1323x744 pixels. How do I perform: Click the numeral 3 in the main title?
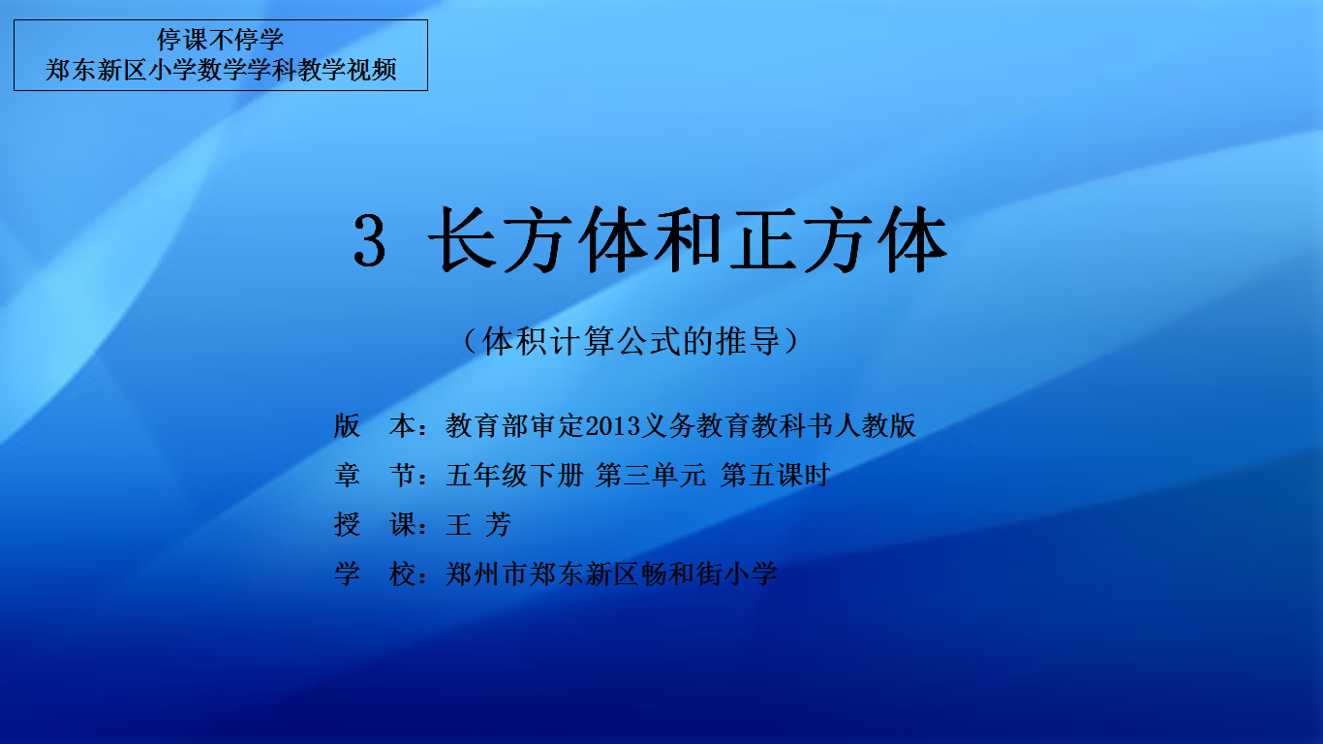click(370, 240)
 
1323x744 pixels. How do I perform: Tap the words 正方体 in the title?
click(839, 239)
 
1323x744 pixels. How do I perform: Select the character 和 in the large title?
click(688, 239)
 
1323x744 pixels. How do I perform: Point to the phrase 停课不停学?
click(220, 40)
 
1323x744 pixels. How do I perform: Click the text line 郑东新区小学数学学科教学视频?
click(221, 70)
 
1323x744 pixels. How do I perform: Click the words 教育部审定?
click(514, 425)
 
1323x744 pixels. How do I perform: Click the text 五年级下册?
click(514, 475)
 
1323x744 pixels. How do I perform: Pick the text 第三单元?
click(650, 475)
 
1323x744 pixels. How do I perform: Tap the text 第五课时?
click(775, 475)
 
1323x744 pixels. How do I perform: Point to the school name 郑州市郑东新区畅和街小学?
click(611, 573)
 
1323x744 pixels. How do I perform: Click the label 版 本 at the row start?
click(375, 425)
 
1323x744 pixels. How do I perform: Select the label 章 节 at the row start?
click(375, 475)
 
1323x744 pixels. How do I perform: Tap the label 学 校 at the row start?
click(375, 573)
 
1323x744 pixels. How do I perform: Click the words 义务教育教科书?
click(737, 425)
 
